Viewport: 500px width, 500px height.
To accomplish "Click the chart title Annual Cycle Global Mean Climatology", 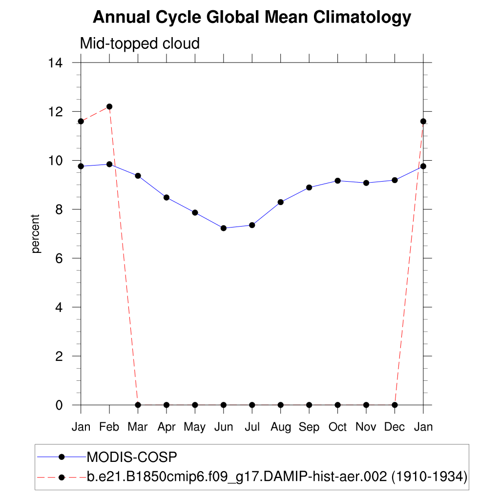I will tap(252, 18).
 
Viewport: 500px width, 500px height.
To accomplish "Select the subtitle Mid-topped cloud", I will tap(140, 43).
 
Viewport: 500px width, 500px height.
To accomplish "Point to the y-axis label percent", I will tap(35, 233).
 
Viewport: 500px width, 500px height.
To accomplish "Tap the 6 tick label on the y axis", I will tap(60, 258).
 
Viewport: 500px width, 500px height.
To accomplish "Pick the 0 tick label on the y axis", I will tap(60, 405).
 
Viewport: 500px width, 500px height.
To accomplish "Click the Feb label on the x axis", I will tap(109, 427).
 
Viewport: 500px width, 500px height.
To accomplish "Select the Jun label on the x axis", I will tap(224, 427).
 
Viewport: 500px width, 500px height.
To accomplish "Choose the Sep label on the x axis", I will tap(309, 427).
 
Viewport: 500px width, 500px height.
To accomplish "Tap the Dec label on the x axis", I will tap(395, 427).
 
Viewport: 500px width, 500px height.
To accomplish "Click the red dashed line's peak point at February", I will tap(109, 106).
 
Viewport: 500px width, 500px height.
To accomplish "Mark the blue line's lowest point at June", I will tap(224, 228).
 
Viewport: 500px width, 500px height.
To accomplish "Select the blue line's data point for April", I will tap(167, 197).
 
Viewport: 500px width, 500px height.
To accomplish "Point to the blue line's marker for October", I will tap(337, 181).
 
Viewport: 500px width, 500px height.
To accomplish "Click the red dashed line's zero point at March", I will tap(138, 405).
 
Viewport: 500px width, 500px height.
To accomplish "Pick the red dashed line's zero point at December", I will tap(395, 405).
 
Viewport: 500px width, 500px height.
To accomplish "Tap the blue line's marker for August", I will tap(281, 202).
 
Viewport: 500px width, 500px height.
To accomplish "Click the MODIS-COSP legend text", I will tap(131, 457).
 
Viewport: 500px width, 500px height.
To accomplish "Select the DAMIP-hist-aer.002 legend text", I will tap(277, 477).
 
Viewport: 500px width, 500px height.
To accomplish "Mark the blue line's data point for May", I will tap(195, 212).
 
